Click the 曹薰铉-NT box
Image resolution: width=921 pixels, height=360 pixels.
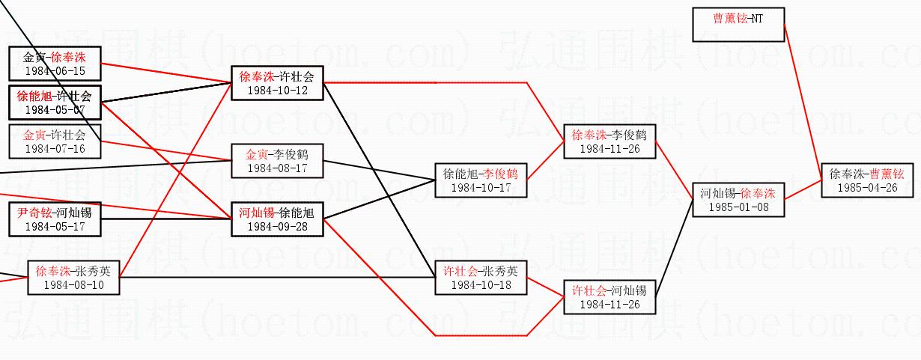[738, 25]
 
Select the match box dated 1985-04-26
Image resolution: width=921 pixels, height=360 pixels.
[867, 180]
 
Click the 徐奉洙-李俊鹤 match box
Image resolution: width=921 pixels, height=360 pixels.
[609, 141]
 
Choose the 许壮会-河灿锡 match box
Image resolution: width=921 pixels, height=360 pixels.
[609, 296]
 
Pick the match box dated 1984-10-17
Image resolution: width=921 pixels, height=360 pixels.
[481, 180]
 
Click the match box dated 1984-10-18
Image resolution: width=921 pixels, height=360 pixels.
[481, 278]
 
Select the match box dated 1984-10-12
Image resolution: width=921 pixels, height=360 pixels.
[276, 83]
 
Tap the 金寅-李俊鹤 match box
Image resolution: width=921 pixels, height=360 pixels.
[276, 161]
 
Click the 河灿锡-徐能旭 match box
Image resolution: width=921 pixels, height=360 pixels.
[276, 219]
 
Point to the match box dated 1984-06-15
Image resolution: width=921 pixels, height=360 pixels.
[55, 64]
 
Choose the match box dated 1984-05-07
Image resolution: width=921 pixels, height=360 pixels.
[55, 103]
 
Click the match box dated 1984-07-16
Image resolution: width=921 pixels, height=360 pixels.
[55, 141]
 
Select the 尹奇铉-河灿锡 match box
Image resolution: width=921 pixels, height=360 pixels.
[55, 219]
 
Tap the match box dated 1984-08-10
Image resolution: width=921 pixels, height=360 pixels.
[73, 278]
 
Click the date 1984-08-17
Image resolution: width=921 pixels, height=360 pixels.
[276, 168]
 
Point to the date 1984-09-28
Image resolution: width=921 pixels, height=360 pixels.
[276, 227]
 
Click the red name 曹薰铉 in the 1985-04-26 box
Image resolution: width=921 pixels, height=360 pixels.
[887, 174]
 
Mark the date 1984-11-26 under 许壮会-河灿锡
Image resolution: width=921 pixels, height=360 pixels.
[609, 305]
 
